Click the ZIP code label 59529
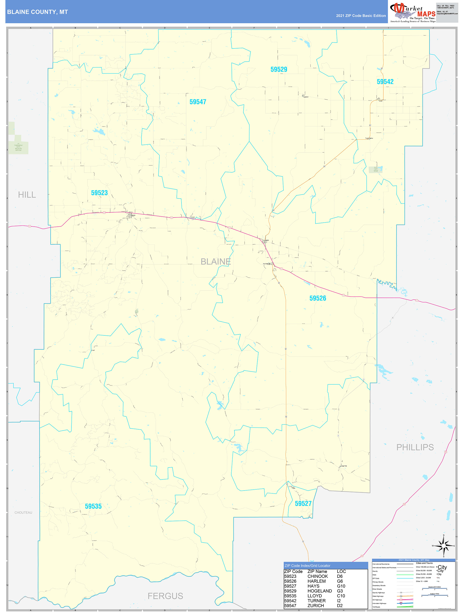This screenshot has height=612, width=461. [279, 69]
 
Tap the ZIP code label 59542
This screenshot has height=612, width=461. [385, 82]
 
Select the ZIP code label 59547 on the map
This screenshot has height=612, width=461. [198, 102]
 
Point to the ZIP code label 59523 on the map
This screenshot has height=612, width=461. [99, 193]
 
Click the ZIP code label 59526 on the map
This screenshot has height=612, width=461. [318, 298]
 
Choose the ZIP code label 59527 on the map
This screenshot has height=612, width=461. [303, 503]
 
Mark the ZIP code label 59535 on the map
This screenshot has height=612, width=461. [93, 506]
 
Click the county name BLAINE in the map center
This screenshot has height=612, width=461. [216, 262]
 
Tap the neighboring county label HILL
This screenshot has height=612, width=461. [27, 195]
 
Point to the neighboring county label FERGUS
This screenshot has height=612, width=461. [165, 596]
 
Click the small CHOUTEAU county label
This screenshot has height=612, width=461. [23, 512]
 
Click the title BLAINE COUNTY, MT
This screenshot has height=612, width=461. [37, 12]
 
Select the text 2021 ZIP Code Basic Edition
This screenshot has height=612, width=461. [361, 16]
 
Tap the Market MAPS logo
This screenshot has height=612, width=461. [413, 12]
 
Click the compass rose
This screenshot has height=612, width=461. [444, 546]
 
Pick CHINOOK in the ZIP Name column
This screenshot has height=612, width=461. [318, 576]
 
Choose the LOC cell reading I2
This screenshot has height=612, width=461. [339, 601]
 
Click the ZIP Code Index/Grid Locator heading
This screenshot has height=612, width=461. [307, 566]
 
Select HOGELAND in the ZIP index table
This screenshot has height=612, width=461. [319, 591]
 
